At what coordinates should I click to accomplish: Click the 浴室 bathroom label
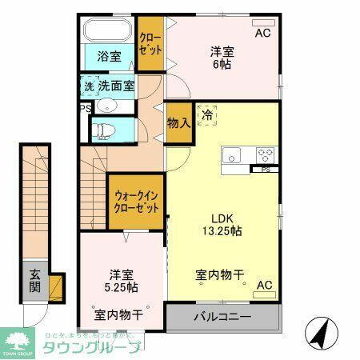click(110, 58)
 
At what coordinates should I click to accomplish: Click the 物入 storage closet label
click(178, 123)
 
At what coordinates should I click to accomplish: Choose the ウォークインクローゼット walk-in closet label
click(136, 200)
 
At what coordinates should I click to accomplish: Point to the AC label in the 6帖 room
click(262, 34)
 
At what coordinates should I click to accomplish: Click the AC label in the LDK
click(263, 286)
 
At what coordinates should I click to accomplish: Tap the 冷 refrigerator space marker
click(206, 114)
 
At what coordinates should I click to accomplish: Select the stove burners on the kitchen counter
click(265, 154)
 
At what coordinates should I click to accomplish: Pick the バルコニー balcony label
click(223, 318)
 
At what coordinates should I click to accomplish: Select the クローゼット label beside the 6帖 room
click(150, 44)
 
